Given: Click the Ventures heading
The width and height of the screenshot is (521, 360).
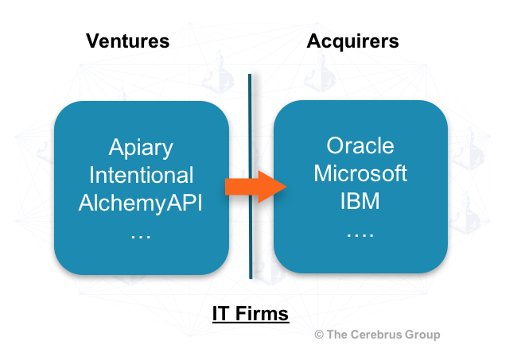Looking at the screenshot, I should pyautogui.click(x=128, y=41).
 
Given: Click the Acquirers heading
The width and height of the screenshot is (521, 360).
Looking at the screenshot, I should pyautogui.click(x=353, y=41).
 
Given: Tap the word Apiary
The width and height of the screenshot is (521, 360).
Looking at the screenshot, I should pyautogui.click(x=141, y=148).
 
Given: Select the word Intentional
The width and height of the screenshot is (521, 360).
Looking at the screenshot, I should pyautogui.click(x=141, y=175).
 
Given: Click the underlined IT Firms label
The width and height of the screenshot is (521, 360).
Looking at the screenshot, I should pyautogui.click(x=251, y=314).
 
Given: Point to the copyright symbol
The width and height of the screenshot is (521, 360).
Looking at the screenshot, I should pyautogui.click(x=319, y=335).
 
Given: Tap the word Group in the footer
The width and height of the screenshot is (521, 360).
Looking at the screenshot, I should pyautogui.click(x=422, y=335).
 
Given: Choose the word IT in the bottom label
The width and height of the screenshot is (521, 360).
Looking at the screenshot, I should pyautogui.click(x=220, y=314).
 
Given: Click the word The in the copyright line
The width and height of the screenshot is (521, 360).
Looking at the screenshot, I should pyautogui.click(x=338, y=335).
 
